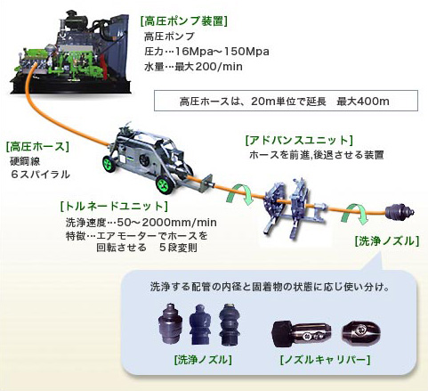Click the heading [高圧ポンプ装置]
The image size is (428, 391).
tap(184, 21)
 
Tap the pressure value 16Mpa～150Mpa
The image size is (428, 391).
tap(222, 52)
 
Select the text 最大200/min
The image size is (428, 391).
tap(208, 67)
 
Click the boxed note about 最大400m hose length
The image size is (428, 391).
tap(286, 101)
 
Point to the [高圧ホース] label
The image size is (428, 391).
tap(37, 146)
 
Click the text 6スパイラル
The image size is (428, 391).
tap(40, 175)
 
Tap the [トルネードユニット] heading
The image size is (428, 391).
tap(114, 206)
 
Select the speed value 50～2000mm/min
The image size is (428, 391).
tap(166, 223)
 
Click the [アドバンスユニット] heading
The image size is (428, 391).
tap(299, 140)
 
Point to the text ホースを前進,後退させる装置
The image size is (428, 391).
tap(317, 155)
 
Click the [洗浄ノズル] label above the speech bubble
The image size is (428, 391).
tap(387, 241)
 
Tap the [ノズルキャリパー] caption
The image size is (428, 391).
tap(325, 360)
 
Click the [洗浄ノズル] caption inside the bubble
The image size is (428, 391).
tap(203, 360)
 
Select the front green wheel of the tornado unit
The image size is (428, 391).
tap(164, 184)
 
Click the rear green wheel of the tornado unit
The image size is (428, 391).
tap(109, 163)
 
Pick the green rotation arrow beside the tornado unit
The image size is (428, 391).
tap(239, 195)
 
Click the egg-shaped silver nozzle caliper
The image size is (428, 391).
tap(360, 331)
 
